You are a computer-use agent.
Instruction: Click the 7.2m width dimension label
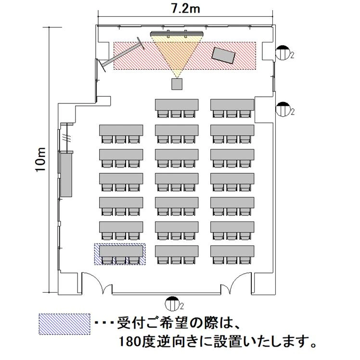(x=185, y=9)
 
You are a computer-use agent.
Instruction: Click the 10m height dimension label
(x=41, y=160)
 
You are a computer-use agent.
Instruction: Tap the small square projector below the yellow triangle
(x=177, y=84)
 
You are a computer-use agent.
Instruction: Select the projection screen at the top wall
(x=177, y=34)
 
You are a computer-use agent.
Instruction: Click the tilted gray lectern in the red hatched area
(x=224, y=55)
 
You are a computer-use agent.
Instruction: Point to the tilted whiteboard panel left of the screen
(x=122, y=54)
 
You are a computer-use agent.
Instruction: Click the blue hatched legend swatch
(x=64, y=324)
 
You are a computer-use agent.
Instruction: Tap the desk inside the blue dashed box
(x=121, y=251)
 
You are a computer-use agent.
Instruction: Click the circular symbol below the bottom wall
(x=172, y=304)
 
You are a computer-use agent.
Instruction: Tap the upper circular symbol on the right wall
(x=282, y=53)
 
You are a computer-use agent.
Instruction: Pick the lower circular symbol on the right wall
(x=282, y=109)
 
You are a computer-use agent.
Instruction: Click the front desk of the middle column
(x=177, y=104)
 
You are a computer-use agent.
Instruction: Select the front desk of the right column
(x=232, y=104)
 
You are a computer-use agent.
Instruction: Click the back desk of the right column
(x=232, y=251)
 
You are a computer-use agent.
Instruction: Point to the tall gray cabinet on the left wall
(x=66, y=175)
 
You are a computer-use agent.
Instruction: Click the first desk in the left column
(x=121, y=130)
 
